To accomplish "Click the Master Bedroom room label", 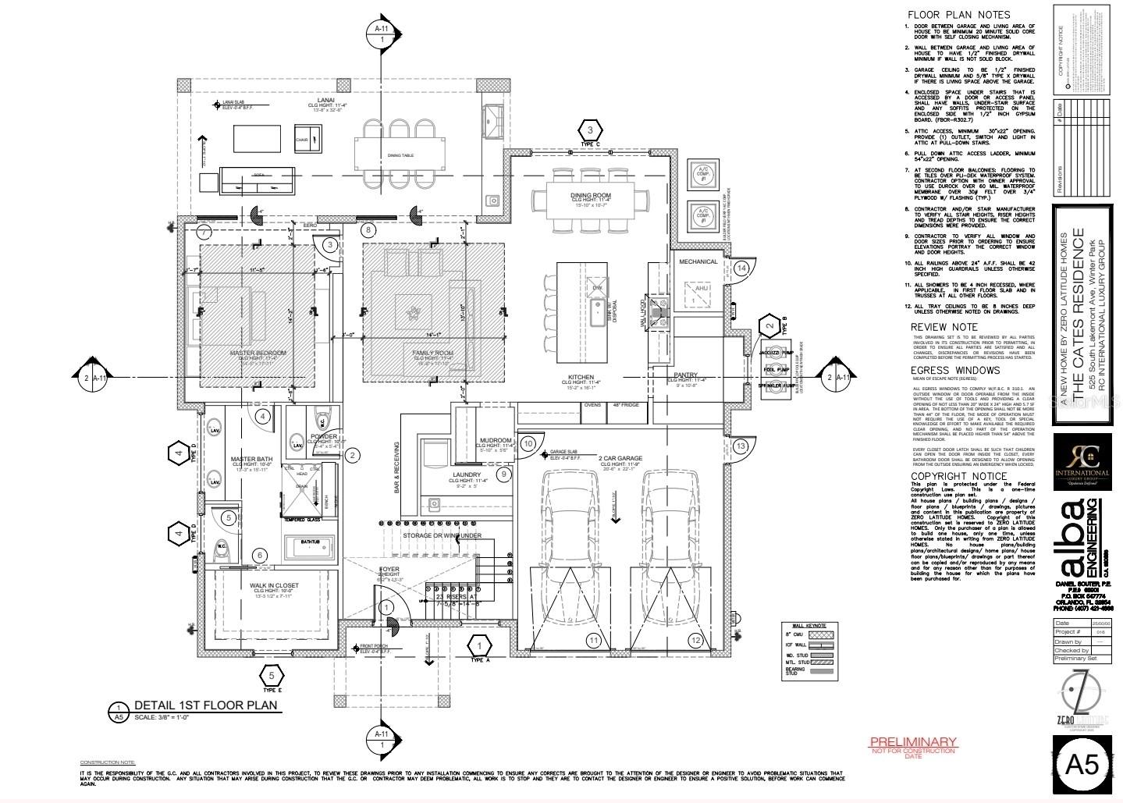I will coord(258,353).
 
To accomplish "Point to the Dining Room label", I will coord(591,195).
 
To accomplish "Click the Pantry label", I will coord(685,375).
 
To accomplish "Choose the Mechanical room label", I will coord(698,261).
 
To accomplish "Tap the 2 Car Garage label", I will coord(620,458).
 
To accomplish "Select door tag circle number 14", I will coord(741,268).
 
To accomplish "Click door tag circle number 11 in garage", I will coord(594,640).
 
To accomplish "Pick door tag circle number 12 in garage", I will coord(695,640).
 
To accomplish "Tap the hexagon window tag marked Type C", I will coord(591,130).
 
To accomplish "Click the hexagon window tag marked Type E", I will coord(271,675).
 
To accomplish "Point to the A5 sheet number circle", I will coord(1082,764).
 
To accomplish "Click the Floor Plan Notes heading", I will coord(958,15).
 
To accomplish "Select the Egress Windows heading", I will coord(955,371).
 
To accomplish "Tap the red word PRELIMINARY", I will coord(913,741).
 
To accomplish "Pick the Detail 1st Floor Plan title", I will coord(205,705).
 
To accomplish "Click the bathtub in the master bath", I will coord(311,546).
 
